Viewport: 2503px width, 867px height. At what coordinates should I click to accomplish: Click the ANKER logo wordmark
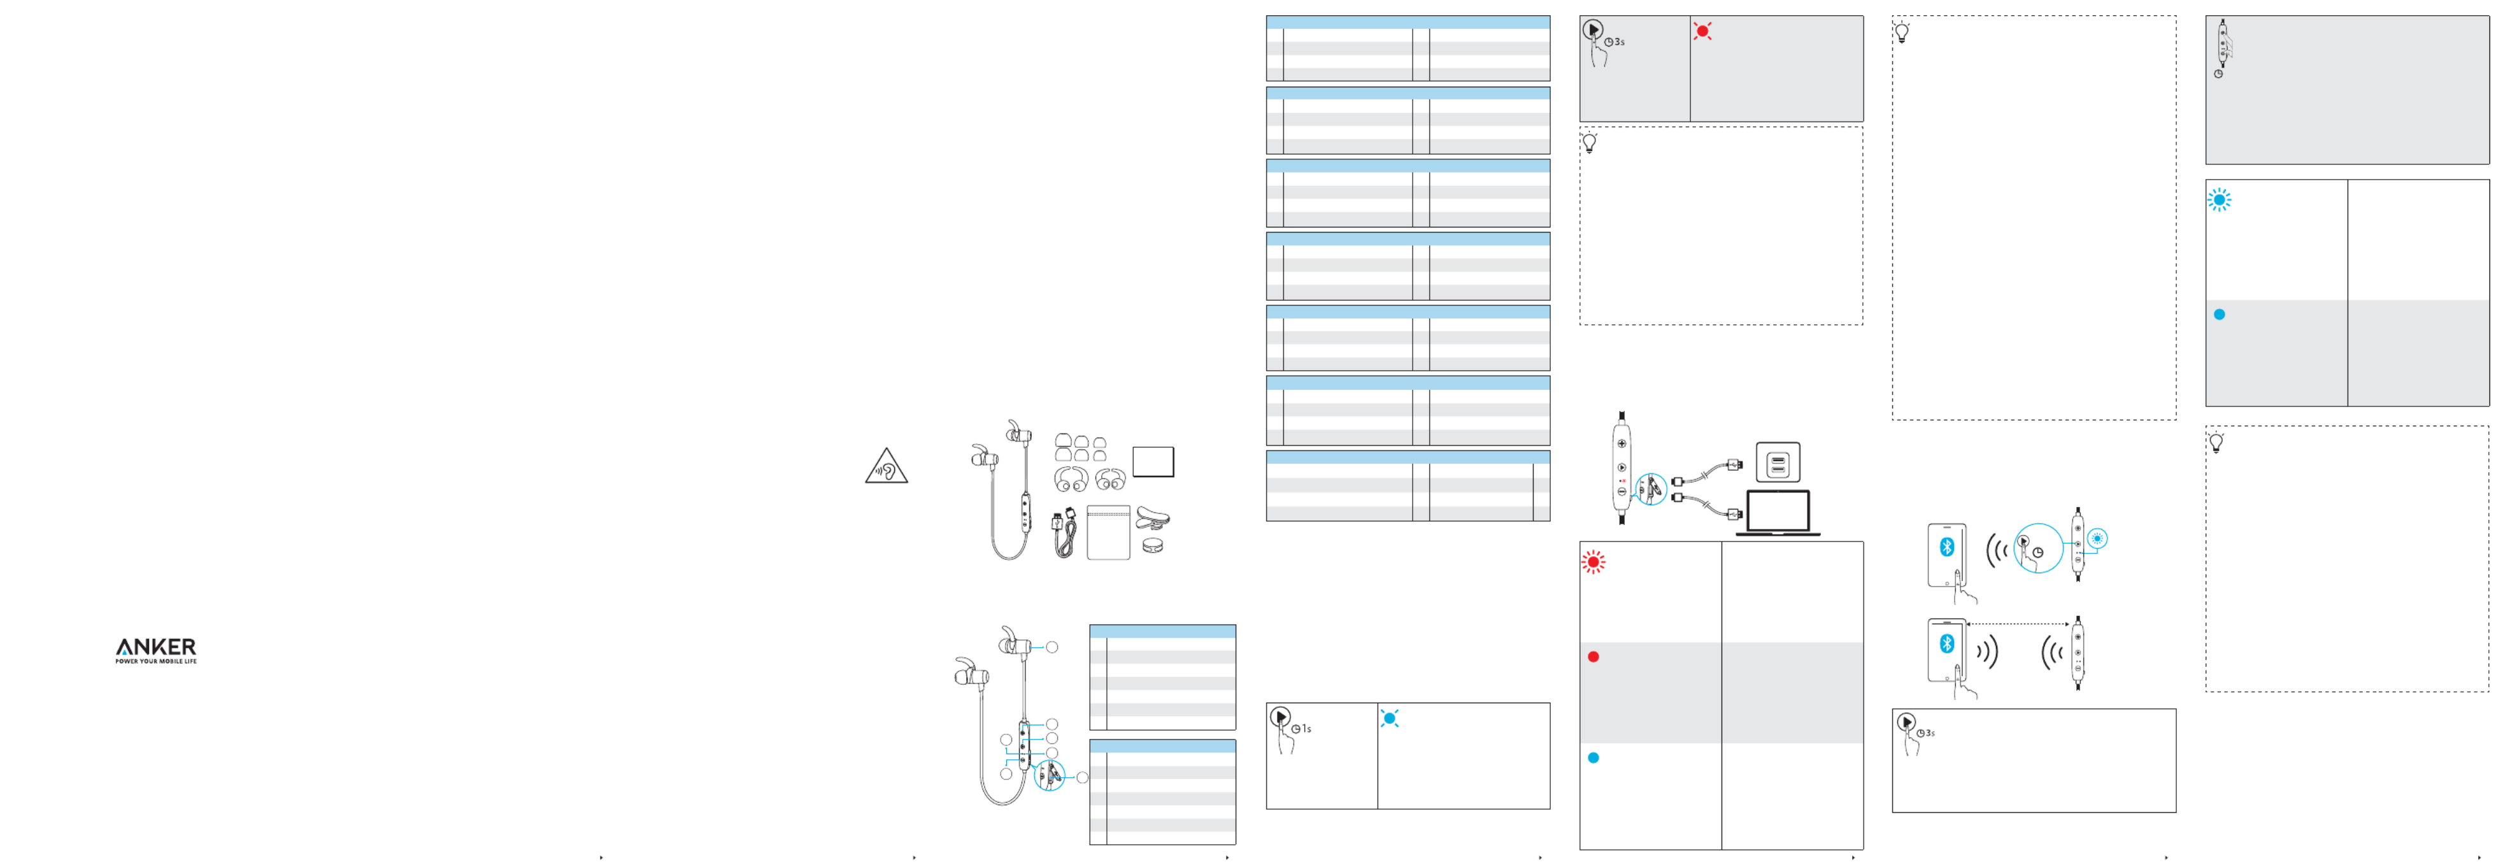coord(155,647)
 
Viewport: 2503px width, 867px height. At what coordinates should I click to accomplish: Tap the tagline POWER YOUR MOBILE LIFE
coord(155,662)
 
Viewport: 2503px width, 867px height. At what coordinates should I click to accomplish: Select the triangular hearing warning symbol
coord(885,468)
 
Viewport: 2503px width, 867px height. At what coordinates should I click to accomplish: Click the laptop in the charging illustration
coord(1777,514)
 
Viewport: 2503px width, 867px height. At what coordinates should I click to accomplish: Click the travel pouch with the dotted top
coord(1108,532)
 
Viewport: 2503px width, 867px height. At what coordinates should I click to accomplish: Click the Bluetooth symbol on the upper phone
coord(1946,547)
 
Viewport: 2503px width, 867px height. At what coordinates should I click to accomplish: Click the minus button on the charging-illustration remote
coord(1622,492)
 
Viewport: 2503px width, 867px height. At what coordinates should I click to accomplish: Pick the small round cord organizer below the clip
coord(1152,546)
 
